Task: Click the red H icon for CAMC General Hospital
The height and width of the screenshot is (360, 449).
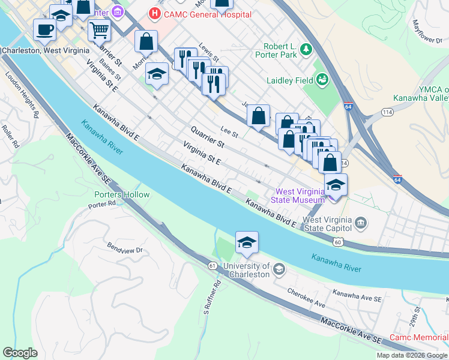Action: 155,12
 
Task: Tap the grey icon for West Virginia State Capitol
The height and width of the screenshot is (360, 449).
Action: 360,224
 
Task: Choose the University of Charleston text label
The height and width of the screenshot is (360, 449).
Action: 246,270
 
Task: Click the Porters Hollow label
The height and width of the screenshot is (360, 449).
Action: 122,194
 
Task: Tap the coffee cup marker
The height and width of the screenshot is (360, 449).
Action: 44,29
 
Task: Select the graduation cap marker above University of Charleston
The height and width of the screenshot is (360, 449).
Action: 247,242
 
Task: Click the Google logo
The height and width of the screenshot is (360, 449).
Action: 20,353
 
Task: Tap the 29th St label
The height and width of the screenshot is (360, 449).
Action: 417,316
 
